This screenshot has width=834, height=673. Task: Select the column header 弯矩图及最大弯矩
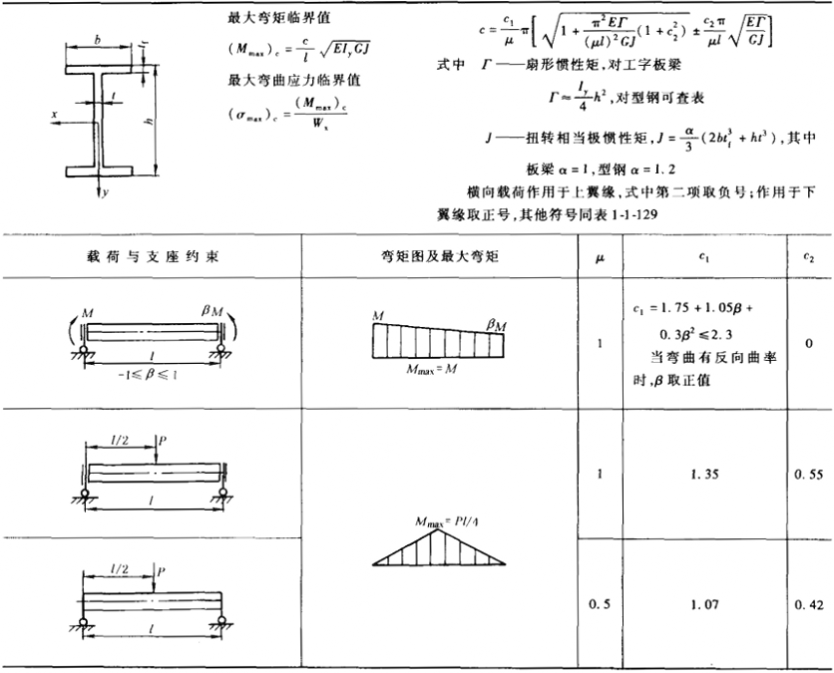[x=439, y=255]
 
